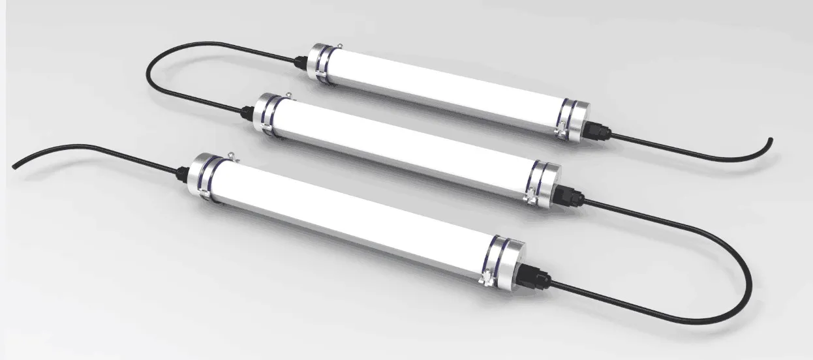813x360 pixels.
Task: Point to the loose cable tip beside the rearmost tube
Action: tap(770, 140)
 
